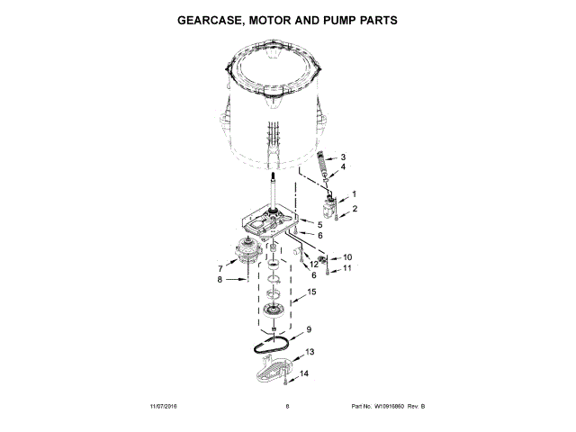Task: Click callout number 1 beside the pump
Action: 354,194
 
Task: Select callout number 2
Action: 355,209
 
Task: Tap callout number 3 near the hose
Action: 342,157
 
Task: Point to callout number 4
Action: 342,166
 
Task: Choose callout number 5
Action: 319,223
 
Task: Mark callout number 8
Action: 219,280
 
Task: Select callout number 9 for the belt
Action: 308,329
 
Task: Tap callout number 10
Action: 347,257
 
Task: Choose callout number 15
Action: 312,292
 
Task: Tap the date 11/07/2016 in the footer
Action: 166,407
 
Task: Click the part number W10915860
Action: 385,407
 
